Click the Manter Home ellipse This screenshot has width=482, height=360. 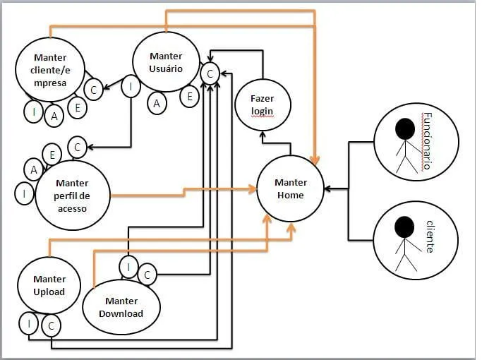[x=290, y=189]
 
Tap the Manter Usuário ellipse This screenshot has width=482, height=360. [x=166, y=62]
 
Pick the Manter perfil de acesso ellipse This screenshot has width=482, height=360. [x=73, y=191]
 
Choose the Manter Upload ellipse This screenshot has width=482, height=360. [x=49, y=285]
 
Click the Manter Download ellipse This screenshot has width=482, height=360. [x=121, y=307]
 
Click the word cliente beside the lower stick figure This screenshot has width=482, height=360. [x=430, y=236]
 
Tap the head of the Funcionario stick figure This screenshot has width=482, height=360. [x=404, y=128]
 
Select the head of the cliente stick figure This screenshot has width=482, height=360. [x=404, y=226]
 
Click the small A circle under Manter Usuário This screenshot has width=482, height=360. [x=157, y=104]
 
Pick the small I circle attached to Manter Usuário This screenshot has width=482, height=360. [x=131, y=86]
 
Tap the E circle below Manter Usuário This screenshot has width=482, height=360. [x=189, y=97]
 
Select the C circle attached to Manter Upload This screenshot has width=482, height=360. [x=50, y=325]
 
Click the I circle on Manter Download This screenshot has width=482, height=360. [x=128, y=267]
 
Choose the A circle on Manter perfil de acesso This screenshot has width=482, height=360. [x=33, y=169]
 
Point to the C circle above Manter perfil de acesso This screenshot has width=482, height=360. [x=78, y=147]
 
